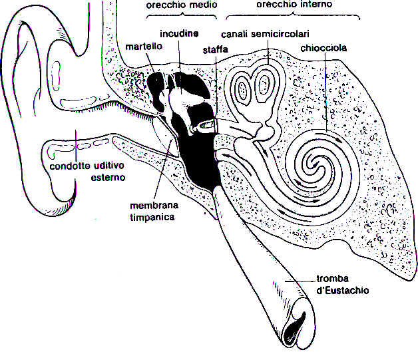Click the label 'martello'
[x=144, y=47]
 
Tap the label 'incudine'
[x=179, y=33]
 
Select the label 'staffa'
[x=216, y=50]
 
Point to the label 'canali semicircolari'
[x=266, y=34]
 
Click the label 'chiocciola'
[x=323, y=48]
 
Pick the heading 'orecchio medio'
[x=182, y=5]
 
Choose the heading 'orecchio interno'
[x=294, y=4]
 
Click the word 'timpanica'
[x=152, y=217]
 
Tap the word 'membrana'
[x=154, y=206]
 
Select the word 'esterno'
[x=108, y=178]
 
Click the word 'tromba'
[x=332, y=279]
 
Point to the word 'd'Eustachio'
[x=343, y=290]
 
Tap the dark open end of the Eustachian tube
[x=294, y=330]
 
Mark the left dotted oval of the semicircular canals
[x=242, y=89]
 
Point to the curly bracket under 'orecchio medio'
[x=182, y=16]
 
